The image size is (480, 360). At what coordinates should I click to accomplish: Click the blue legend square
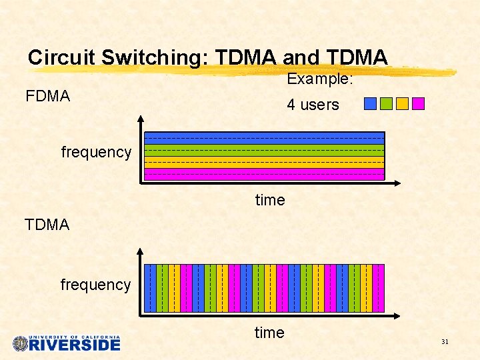pos(371,103)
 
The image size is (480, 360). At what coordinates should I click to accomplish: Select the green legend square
pos(386,103)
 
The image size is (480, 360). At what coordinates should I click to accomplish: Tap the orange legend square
pos(402,103)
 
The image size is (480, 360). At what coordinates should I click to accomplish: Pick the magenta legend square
pos(418,103)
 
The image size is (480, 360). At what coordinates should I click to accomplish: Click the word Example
pos(319,79)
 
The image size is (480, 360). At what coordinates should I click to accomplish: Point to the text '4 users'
pos(313,105)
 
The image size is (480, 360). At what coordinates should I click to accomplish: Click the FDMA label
pos(47,96)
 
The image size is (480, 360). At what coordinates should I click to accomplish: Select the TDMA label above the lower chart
pos(47,225)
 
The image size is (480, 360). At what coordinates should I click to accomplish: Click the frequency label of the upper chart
pos(96,152)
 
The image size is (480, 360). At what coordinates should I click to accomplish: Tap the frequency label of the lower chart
pos(95,285)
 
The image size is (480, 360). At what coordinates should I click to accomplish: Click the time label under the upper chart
pos(270,200)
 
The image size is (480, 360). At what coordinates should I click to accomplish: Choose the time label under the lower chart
pos(269,333)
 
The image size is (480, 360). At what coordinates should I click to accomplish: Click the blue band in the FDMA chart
pos(265,139)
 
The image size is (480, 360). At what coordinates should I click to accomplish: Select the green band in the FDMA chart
pos(265,151)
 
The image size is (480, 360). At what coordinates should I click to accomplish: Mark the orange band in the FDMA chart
pos(265,162)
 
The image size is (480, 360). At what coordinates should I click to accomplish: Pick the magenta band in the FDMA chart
pos(265,173)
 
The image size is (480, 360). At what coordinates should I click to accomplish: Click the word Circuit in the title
pos(62,57)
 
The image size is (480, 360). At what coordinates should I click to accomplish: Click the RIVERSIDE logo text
pos(75,345)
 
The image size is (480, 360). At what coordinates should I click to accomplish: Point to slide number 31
pos(445,342)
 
